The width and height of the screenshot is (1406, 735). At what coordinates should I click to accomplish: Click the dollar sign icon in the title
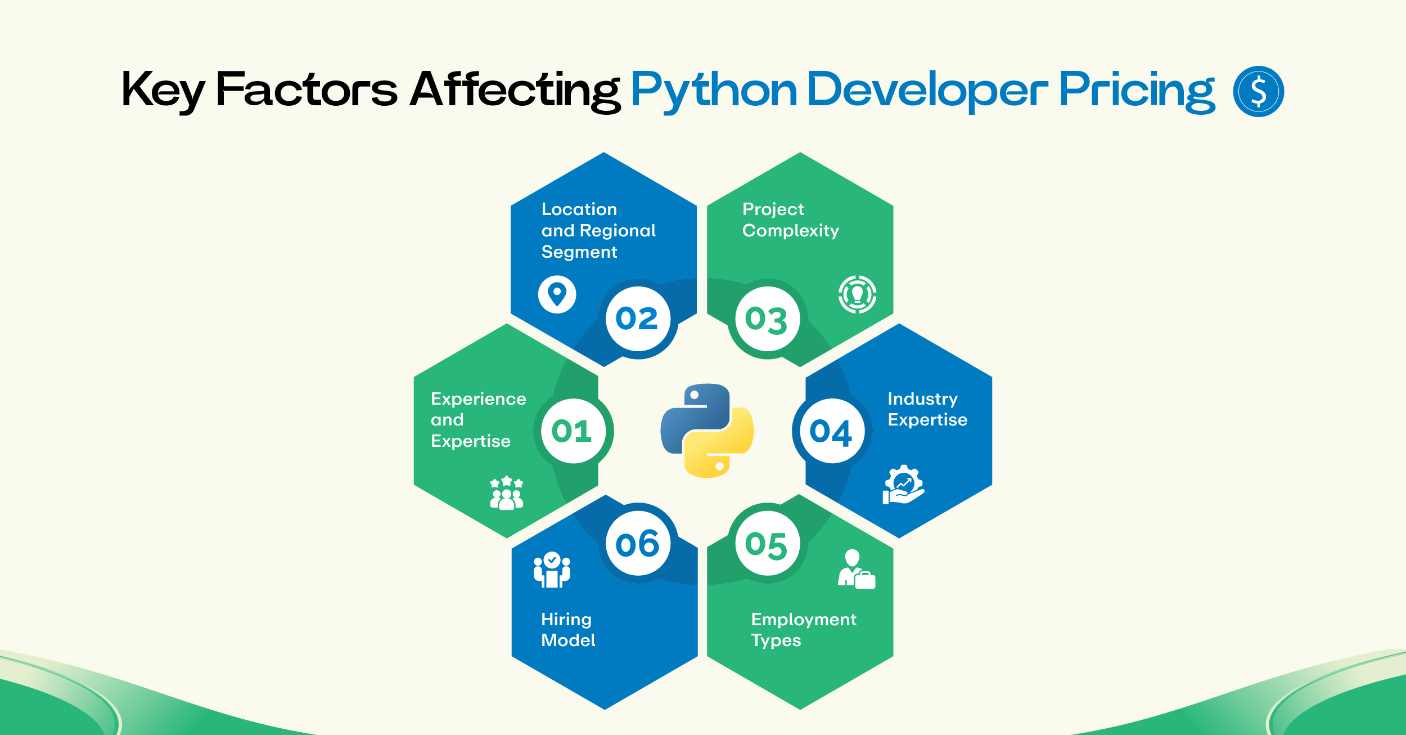pos(1258,91)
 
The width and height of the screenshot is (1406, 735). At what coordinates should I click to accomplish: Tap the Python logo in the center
pos(707,431)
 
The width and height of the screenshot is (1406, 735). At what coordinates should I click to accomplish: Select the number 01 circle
pos(573,431)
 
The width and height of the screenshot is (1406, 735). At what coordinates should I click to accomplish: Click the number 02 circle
pos(638,319)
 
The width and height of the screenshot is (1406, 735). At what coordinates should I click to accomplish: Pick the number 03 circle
pos(767,319)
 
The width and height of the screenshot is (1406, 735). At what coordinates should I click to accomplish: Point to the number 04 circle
pos(832,431)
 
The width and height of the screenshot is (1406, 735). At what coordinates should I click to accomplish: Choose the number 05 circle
pos(767,544)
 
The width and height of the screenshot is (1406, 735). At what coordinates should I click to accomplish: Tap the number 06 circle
pos(638,544)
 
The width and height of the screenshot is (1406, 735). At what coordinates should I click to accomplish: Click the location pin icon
pos(557,294)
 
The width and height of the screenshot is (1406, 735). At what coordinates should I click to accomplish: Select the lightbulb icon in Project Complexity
pos(857,294)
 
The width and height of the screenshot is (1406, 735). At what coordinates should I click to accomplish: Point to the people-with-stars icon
pos(507,493)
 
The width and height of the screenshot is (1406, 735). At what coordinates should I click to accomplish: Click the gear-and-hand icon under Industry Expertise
pos(903,484)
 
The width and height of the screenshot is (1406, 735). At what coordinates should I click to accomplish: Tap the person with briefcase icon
pos(857,569)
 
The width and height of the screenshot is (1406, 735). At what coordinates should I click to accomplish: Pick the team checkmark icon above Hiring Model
pos(552,570)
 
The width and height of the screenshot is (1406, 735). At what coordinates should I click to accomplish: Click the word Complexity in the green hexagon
pos(790,231)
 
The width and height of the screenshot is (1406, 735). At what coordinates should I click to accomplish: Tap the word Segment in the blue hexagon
pos(579,253)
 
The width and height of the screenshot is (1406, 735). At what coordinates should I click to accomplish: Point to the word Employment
pos(804,620)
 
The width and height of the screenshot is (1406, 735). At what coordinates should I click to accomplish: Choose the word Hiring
pos(566,620)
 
